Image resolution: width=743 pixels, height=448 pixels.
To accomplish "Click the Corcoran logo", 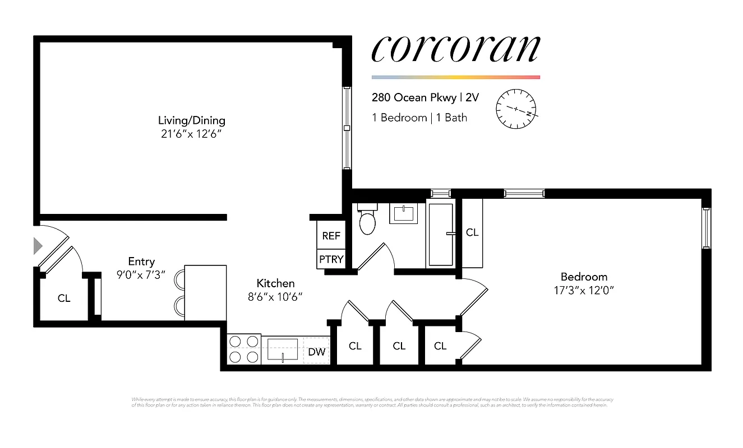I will tap(455, 49).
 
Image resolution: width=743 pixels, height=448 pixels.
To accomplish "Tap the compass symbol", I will tap(516, 108).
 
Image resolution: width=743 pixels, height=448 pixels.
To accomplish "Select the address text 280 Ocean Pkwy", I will tap(414, 97).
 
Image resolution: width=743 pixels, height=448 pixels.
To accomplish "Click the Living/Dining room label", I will tap(191, 120).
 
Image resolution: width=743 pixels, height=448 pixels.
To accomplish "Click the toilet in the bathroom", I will tap(367, 221).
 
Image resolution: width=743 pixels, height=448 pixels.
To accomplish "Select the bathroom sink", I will tap(404, 213).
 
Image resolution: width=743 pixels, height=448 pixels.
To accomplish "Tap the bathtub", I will tap(440, 234).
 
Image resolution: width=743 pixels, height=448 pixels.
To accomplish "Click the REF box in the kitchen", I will tap(331, 236).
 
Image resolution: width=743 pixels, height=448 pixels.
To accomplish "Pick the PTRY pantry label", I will tap(331, 259).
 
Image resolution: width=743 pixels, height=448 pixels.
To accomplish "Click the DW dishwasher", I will tap(316, 352).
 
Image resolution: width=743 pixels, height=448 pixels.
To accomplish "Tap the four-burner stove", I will tap(244, 349).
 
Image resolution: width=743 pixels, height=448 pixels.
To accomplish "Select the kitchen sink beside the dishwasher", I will tap(283, 349).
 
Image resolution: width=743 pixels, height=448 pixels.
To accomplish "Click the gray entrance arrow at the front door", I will tap(38, 245).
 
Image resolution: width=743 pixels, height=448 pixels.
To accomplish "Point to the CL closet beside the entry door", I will tap(64, 298).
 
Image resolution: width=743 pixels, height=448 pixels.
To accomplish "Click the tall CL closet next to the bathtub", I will tap(472, 232).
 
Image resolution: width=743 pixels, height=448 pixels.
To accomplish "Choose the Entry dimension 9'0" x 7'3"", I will tap(141, 275).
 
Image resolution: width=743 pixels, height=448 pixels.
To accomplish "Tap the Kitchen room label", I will tap(275, 283).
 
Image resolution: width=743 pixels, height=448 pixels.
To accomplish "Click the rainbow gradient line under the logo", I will tap(455, 77).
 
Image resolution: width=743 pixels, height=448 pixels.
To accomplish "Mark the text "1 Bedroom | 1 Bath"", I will tap(419, 118).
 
